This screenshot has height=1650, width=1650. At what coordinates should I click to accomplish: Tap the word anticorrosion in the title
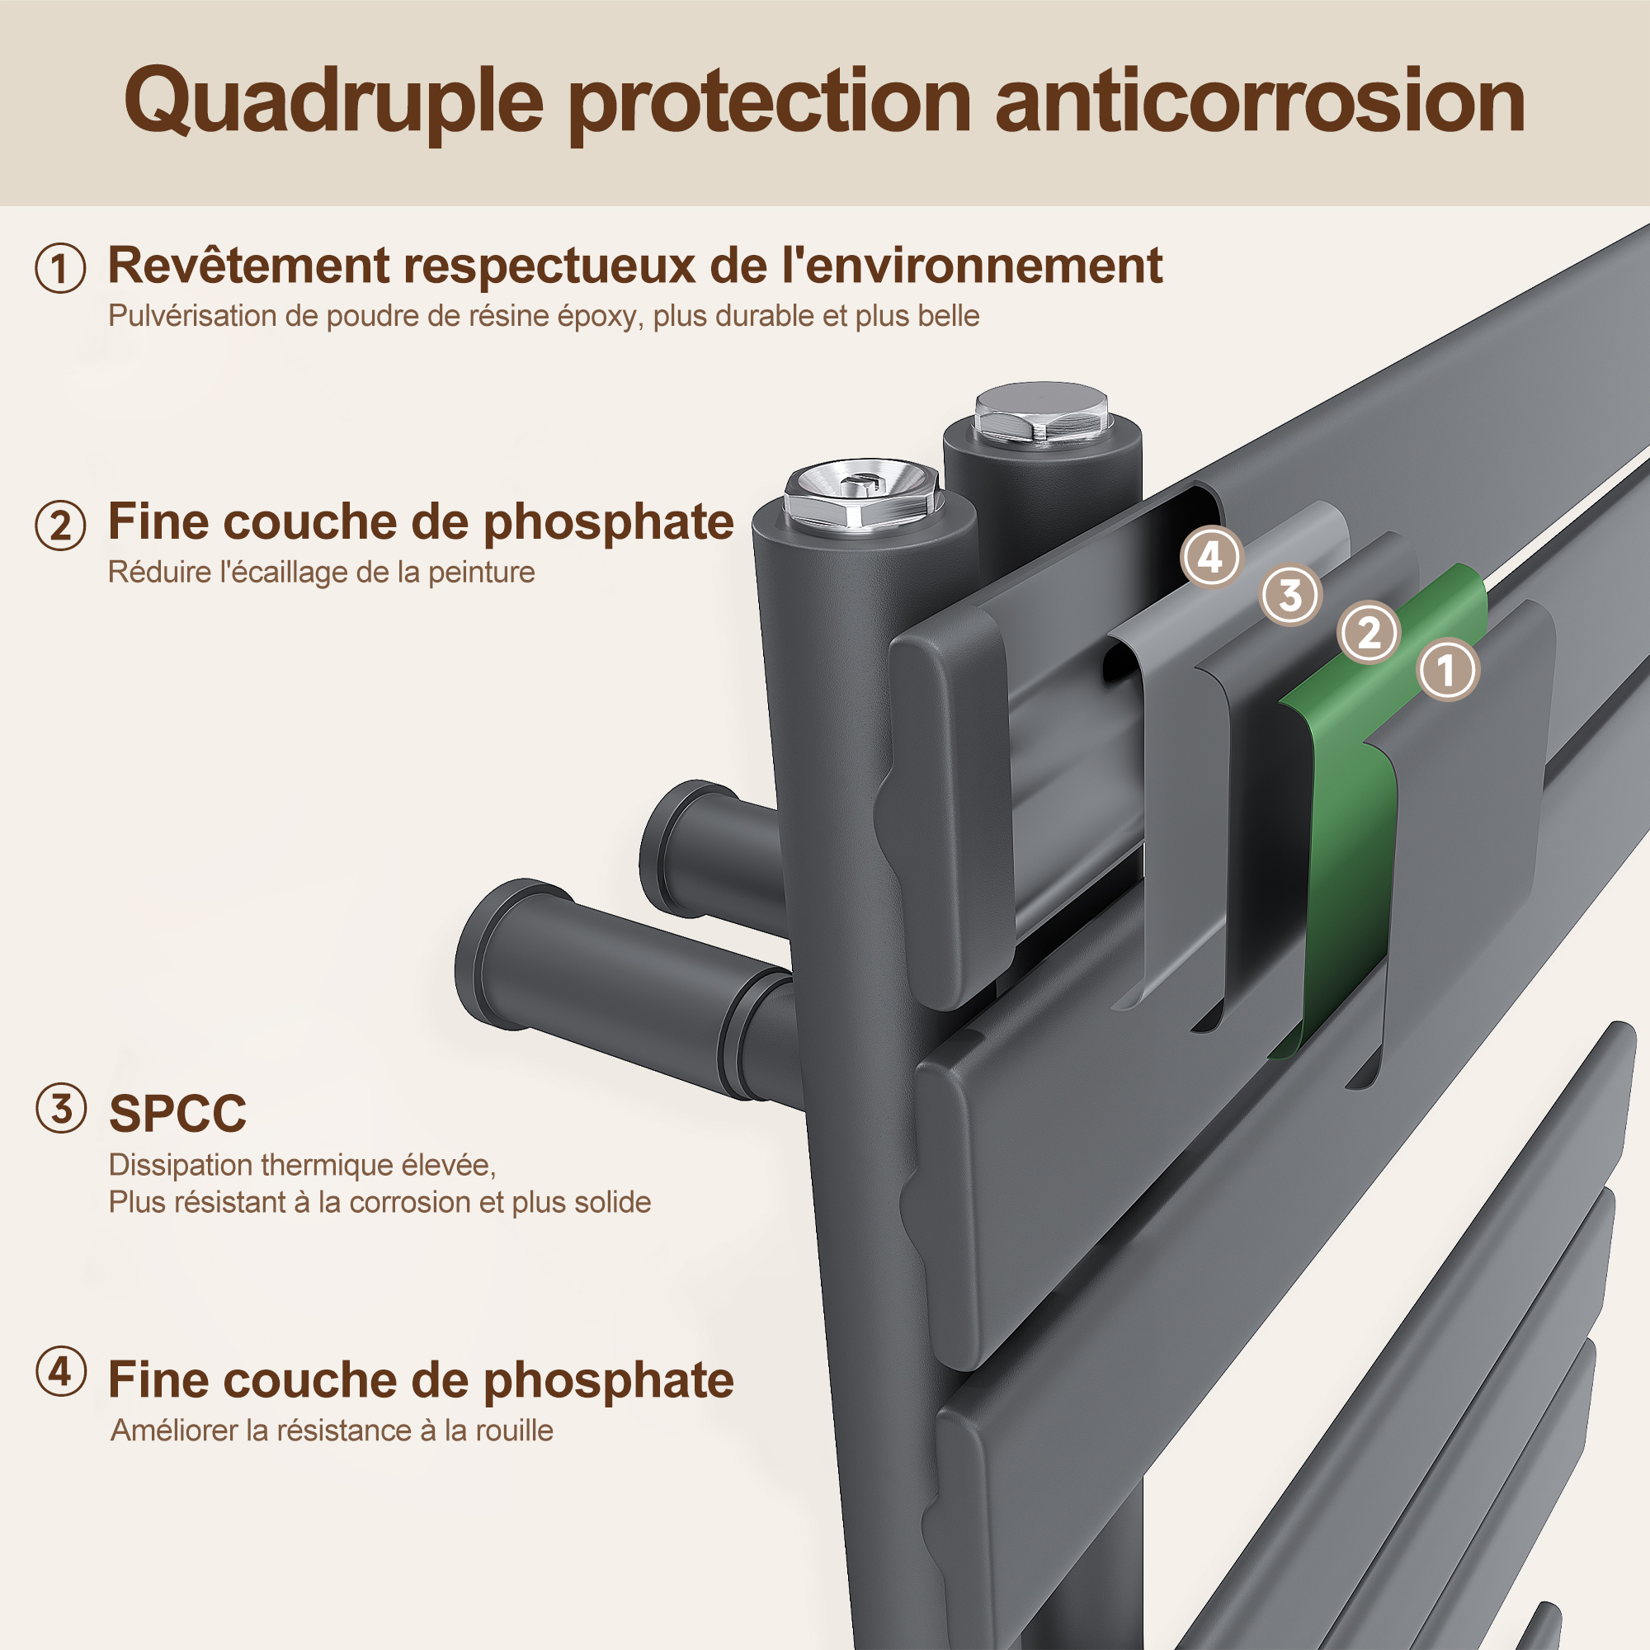1261,101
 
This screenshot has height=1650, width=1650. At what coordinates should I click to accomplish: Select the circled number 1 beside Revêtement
60,268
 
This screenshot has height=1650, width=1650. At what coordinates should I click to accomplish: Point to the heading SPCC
177,1114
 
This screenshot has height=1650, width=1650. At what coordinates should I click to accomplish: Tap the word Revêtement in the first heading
248,265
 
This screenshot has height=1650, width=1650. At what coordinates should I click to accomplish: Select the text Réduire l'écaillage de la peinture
321,573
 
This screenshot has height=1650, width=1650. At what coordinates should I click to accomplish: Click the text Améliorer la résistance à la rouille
332,1430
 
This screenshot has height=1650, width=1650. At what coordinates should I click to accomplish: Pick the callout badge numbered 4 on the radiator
1210,558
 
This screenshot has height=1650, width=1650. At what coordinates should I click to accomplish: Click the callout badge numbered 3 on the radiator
1290,596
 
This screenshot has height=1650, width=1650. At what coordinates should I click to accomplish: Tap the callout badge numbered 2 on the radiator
1369,633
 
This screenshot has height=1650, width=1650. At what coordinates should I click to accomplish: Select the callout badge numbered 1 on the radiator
1447,670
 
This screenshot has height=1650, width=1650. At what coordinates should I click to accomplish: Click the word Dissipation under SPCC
180,1165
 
